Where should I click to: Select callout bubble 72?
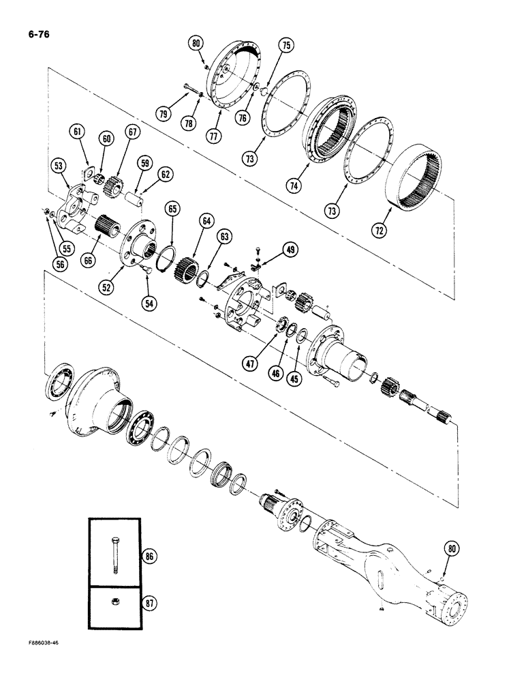pos(380,231)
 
